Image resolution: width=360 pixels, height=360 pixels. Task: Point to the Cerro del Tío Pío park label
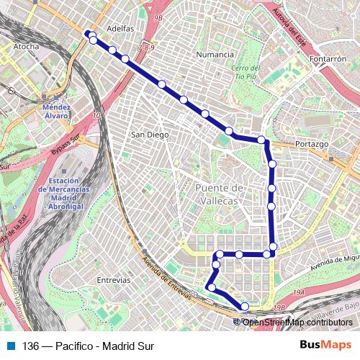pyautogui.click(x=243, y=73)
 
